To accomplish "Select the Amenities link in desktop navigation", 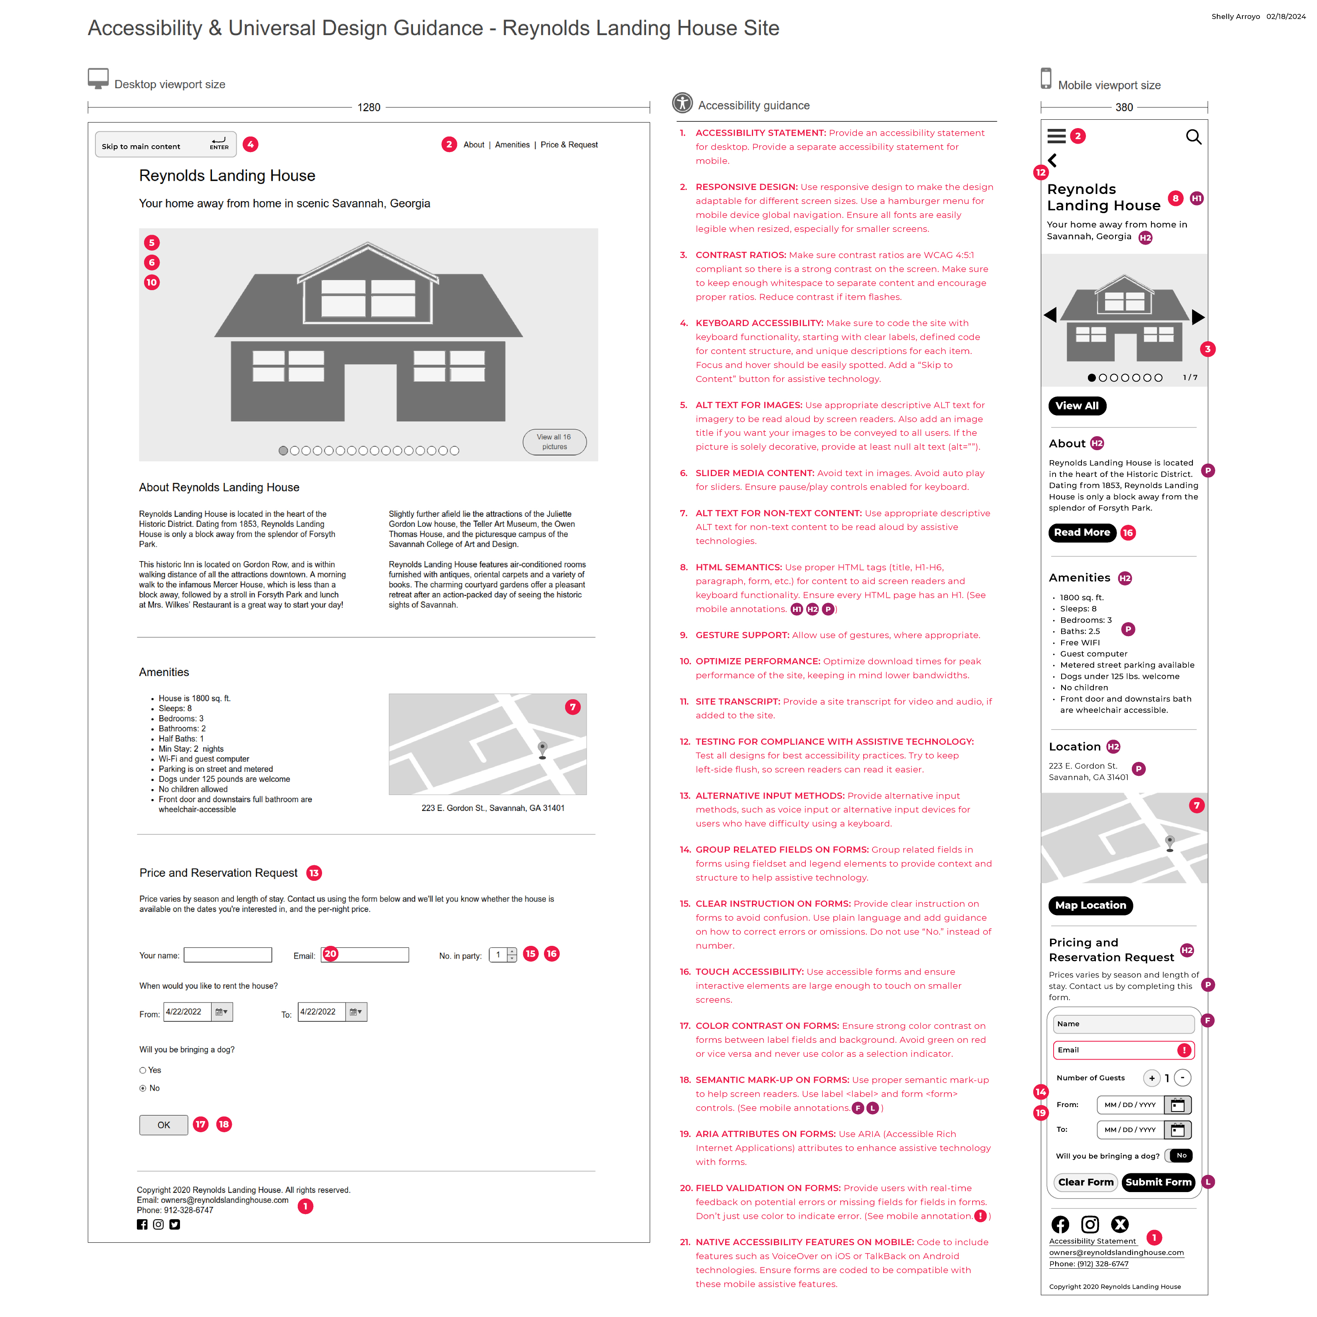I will coord(512,144).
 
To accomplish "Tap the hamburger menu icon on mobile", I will coord(1056,136).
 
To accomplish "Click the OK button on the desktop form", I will coord(164,1125).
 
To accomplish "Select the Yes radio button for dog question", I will coord(143,1070).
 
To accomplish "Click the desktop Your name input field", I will coord(227,955).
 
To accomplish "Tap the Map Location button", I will coord(1090,905).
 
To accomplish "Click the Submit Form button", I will coord(1157,1182).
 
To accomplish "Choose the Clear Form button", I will coord(1085,1182).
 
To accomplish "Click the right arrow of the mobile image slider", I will coord(1198,316).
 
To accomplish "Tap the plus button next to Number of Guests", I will coord(1151,1078).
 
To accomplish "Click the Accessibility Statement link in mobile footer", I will coord(1092,1241).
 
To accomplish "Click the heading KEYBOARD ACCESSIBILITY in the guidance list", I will coord(759,323).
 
